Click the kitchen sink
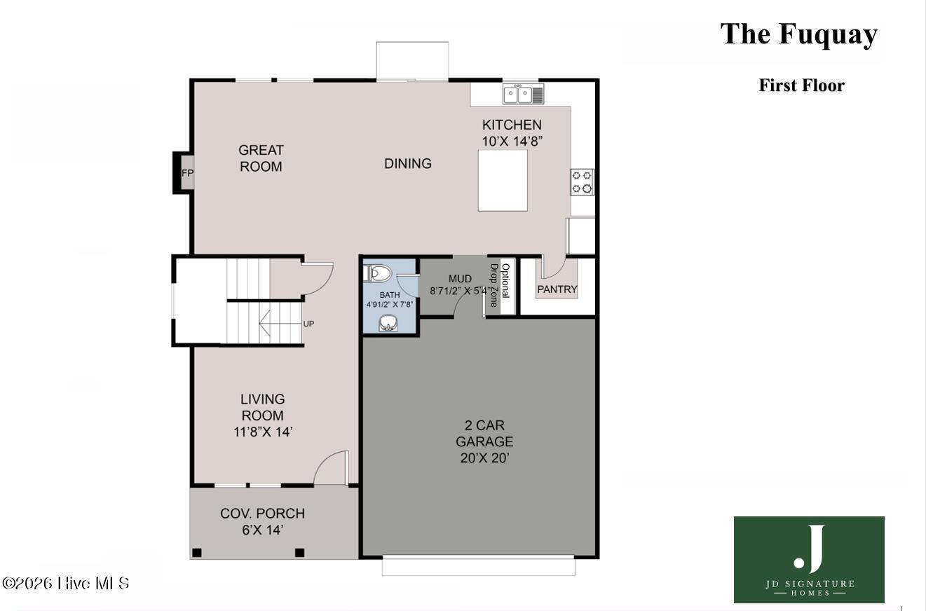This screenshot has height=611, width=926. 523,94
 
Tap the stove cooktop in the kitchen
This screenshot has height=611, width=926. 582,181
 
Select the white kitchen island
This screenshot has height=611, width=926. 503,181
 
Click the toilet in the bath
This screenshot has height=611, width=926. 377,273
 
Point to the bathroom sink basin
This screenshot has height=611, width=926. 388,323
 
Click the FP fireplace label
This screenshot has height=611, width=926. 187,173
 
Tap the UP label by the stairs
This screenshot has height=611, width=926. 309,324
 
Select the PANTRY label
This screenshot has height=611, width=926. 557,289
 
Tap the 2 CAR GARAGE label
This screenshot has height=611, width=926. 484,433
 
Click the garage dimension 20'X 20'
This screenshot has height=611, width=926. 484,458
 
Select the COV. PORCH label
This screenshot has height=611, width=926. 262,514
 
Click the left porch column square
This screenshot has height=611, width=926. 197,553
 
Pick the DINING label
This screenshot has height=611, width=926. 408,163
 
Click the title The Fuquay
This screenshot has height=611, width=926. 798,34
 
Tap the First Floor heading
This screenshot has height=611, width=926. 801,85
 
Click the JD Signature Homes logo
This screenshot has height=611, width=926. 809,559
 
